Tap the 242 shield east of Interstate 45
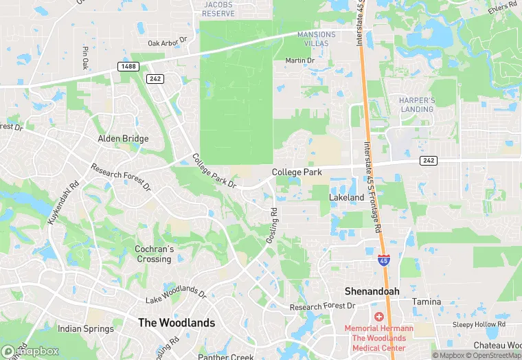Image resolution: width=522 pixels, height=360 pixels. click(x=428, y=160)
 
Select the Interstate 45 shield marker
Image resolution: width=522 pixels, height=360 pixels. click(x=384, y=260)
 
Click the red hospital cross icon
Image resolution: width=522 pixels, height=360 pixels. click(x=378, y=316)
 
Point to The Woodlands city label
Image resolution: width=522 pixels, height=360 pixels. click(x=177, y=322)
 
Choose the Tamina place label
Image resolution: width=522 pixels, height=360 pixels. click(x=426, y=302)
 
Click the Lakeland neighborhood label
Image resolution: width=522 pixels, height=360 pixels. click(x=346, y=197)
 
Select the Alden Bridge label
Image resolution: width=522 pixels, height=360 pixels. click(x=123, y=139)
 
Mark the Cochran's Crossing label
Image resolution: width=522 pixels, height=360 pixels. click(x=154, y=254)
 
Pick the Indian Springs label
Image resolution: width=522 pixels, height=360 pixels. click(x=85, y=329)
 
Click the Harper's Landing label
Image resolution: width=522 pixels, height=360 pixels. click(x=417, y=104)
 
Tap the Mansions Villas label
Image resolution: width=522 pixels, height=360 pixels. click(x=317, y=39)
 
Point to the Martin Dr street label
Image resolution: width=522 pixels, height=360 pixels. click(x=299, y=60)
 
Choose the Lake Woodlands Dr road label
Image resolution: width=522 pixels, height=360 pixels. click(x=176, y=294)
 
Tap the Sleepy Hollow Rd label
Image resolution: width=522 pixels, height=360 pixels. click(x=479, y=324)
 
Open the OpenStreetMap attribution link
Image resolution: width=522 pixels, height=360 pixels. click(x=493, y=355)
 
